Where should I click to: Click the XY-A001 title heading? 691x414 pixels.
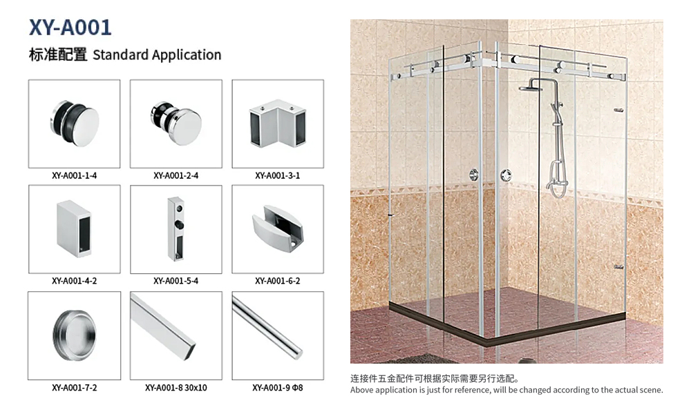70,28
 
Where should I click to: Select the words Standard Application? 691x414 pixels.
157,55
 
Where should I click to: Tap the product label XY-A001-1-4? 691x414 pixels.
74,175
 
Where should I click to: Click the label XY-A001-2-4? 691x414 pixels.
176,175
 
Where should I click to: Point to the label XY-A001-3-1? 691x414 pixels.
278,175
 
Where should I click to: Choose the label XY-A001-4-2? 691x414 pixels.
74,281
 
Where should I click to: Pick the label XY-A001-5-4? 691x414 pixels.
176,281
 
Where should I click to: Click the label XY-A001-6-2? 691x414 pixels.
278,281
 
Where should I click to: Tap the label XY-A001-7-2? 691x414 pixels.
74,388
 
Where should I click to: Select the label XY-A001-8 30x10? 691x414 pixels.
176,388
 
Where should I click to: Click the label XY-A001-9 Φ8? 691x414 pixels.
278,388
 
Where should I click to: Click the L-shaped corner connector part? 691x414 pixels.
278,124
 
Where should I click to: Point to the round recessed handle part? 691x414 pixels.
75,335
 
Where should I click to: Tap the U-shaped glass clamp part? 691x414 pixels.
278,228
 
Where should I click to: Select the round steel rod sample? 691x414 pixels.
267,327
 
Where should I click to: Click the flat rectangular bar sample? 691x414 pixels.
163,326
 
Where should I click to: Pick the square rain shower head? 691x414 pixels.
531,89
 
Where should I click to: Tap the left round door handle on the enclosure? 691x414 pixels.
474,175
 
